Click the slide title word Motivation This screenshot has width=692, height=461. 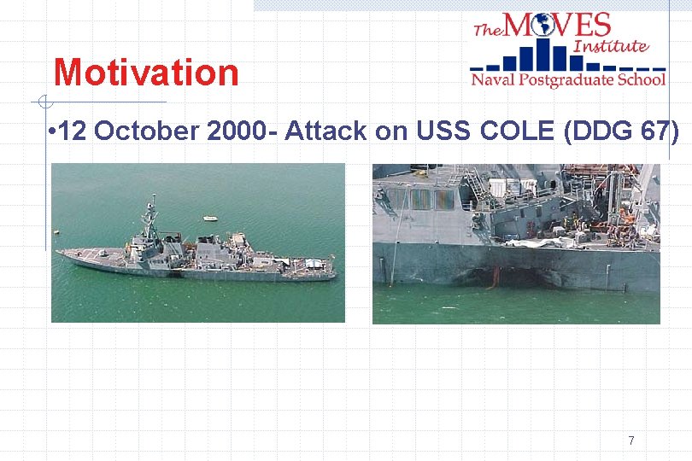click(146, 73)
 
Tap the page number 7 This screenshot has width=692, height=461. click(630, 441)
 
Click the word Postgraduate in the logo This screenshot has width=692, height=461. click(566, 80)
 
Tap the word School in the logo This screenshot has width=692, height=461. click(641, 80)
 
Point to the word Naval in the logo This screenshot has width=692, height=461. click(493, 80)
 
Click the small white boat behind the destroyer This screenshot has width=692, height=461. click(210, 219)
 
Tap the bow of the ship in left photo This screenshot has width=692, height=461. click(62, 252)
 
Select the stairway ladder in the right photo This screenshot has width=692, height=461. click(478, 191)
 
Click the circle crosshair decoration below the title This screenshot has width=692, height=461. click(40, 102)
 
